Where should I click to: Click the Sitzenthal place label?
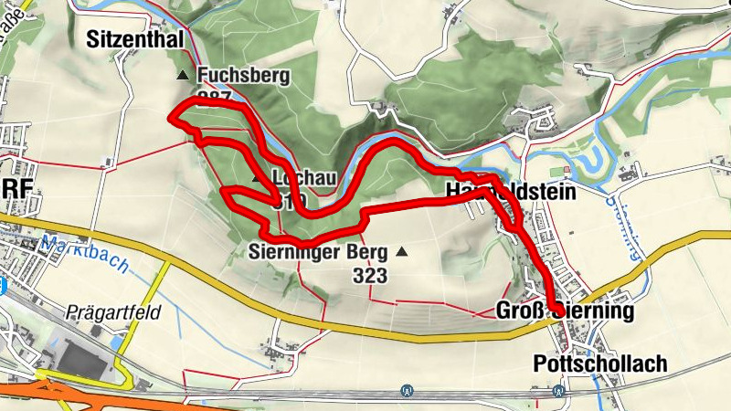(x=136, y=38)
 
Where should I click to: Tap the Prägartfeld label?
(x=113, y=312)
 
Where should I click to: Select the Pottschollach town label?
(x=599, y=364)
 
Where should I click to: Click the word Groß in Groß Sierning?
(x=518, y=311)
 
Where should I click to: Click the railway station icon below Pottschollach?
(x=557, y=391)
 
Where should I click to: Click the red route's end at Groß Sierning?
(x=555, y=311)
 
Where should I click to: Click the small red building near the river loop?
(x=567, y=169)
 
